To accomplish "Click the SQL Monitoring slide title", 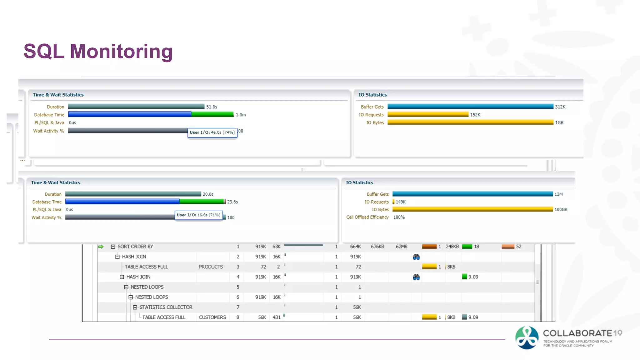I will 98,51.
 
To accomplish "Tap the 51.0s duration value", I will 212,107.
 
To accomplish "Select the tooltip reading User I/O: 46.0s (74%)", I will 212,132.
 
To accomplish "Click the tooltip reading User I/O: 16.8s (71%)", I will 198,215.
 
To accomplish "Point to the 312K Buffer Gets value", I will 560,107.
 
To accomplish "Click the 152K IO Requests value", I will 475,115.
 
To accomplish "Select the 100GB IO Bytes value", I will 561,210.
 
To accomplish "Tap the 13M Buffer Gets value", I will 558,194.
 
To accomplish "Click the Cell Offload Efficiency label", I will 367,217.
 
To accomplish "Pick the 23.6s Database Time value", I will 232,202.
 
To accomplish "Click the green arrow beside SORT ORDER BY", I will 101,247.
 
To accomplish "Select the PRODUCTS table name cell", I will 211,267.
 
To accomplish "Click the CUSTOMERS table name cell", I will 212,317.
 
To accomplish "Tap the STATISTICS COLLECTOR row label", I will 166,307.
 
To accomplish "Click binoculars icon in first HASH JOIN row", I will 416,257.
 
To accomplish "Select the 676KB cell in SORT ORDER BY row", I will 377,247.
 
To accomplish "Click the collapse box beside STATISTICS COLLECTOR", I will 135,307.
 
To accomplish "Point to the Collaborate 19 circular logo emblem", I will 527,338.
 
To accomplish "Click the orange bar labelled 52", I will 508,247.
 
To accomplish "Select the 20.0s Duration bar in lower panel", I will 133,194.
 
